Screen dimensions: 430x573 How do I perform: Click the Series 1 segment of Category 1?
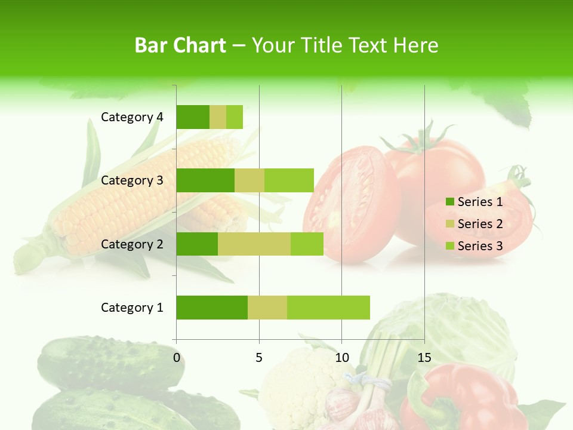coord(212,308)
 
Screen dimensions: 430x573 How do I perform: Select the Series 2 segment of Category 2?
coord(254,244)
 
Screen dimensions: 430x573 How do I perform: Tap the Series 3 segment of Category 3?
coord(289,180)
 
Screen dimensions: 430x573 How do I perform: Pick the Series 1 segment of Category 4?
coord(193,117)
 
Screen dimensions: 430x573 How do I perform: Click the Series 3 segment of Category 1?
coord(328,308)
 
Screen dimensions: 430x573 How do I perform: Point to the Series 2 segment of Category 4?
coord(218,117)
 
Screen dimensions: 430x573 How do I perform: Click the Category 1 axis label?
coord(132,308)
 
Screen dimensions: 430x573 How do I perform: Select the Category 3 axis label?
coord(132,180)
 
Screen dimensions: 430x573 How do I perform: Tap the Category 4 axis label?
coord(132,117)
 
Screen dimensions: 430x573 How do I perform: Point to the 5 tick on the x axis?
coord(259,358)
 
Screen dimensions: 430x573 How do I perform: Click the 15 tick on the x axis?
coord(424,358)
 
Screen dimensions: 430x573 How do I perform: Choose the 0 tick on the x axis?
coord(177,358)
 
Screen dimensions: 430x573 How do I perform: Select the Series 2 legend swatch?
coord(450,224)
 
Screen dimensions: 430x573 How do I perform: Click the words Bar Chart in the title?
coord(180,45)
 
